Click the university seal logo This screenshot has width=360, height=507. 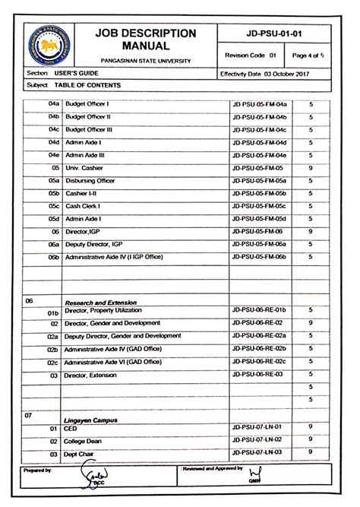pyautogui.click(x=49, y=45)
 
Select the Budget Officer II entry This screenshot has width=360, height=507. pyautogui.click(x=88, y=116)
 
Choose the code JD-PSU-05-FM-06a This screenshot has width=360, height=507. pyautogui.click(x=258, y=244)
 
